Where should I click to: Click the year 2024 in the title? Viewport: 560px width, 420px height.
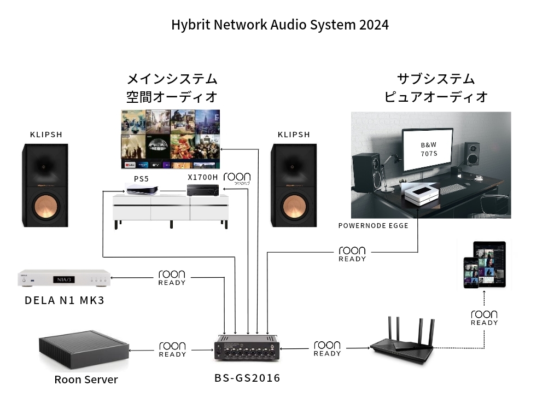374,25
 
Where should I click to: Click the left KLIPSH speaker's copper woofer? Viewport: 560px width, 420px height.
46,207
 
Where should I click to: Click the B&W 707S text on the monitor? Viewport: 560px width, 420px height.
428,149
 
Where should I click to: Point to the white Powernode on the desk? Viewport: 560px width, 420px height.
421,194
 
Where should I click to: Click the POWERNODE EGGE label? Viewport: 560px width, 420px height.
373,225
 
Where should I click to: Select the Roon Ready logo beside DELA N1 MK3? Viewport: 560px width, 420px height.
172,278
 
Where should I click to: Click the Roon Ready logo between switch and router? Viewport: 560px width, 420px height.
327,349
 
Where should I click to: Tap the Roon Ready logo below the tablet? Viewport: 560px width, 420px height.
484,318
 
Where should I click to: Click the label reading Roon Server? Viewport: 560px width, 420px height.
86,380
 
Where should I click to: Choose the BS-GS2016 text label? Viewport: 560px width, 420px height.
247,378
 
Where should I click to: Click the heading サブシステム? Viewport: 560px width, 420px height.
436,79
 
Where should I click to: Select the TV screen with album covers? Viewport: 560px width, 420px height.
170,139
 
